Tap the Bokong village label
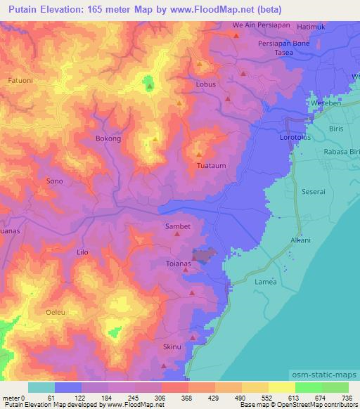pos(108,139)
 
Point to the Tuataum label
pos(211,167)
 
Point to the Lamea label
pos(265,282)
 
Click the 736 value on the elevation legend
pos(347,398)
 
